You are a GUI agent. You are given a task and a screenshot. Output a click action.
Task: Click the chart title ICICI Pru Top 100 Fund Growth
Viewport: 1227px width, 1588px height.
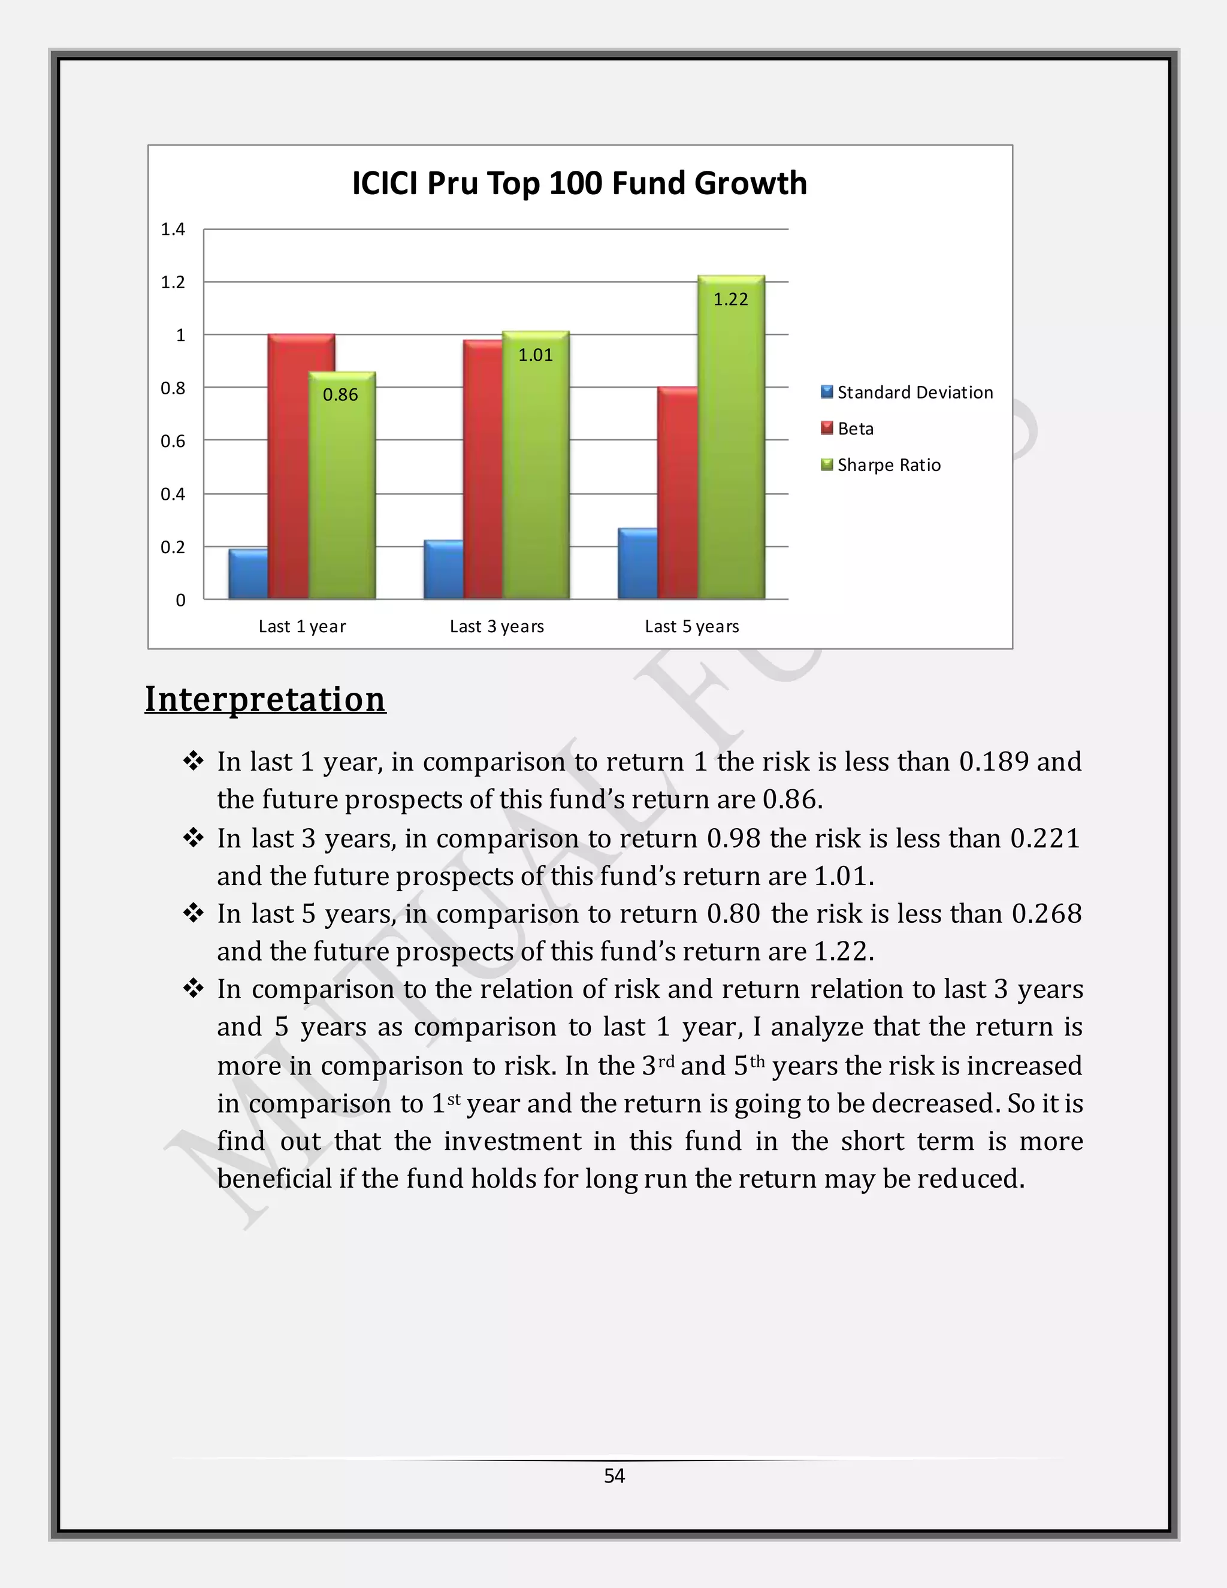(x=579, y=183)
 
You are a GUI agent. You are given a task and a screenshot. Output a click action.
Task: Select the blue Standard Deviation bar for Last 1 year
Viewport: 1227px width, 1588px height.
(x=248, y=575)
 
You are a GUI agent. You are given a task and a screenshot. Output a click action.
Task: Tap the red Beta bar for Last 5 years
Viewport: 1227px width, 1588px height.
(x=677, y=494)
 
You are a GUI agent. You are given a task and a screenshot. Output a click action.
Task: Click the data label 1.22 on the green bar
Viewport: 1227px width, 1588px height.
(x=730, y=300)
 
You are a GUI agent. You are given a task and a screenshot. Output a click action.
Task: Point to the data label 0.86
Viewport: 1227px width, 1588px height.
(x=340, y=395)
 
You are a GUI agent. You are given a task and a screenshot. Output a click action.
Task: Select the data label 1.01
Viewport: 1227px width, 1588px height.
(x=535, y=355)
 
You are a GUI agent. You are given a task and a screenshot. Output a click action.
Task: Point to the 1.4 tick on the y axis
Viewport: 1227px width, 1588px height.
(x=173, y=230)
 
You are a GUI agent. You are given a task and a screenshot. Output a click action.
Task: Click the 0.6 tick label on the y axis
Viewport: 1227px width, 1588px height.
(x=173, y=442)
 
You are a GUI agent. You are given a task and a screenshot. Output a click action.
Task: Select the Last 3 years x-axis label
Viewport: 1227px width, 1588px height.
(x=497, y=627)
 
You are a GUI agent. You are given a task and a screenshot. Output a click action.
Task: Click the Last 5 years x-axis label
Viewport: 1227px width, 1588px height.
(x=691, y=627)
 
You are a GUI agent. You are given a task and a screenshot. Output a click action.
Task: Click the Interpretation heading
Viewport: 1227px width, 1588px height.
(x=265, y=699)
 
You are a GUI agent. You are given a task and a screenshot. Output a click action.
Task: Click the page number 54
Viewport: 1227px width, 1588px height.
(x=614, y=1475)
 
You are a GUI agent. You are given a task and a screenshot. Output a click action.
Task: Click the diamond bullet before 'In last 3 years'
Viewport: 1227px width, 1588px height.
(x=194, y=838)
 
